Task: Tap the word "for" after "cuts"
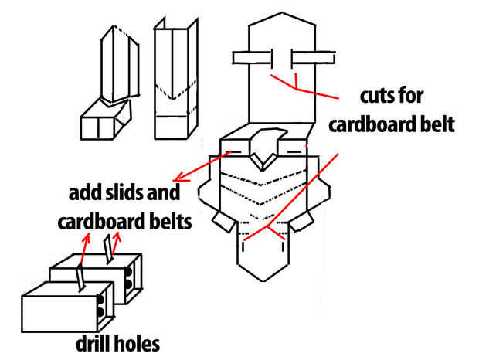pyautogui.click(x=413, y=97)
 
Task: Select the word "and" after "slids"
pyautogui.click(x=163, y=192)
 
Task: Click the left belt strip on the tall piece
pyautogui.click(x=252, y=58)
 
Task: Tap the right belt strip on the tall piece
pyautogui.click(x=314, y=58)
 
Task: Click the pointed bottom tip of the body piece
pyautogui.click(x=263, y=281)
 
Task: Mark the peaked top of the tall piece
pyautogui.click(x=282, y=13)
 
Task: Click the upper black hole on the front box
pyautogui.click(x=100, y=300)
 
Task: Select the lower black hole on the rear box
pyautogui.click(x=128, y=284)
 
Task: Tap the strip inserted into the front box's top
pyautogui.click(x=80, y=277)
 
